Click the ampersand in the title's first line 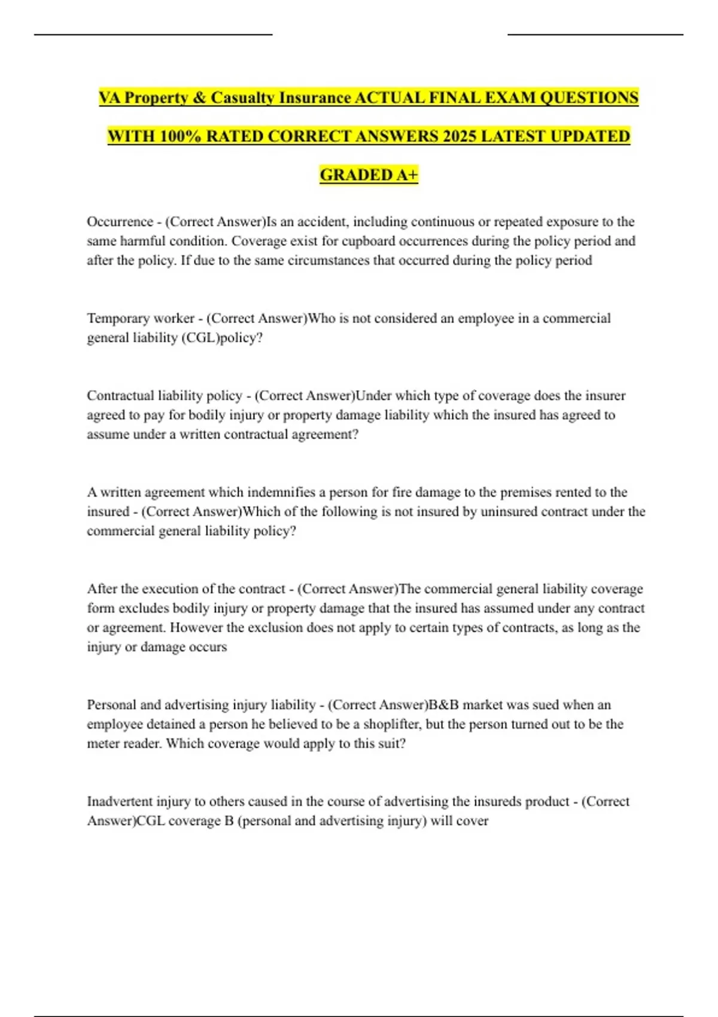click(199, 98)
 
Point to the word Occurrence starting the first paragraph click(120, 222)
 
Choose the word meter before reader click(104, 744)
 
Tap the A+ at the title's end click(407, 175)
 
